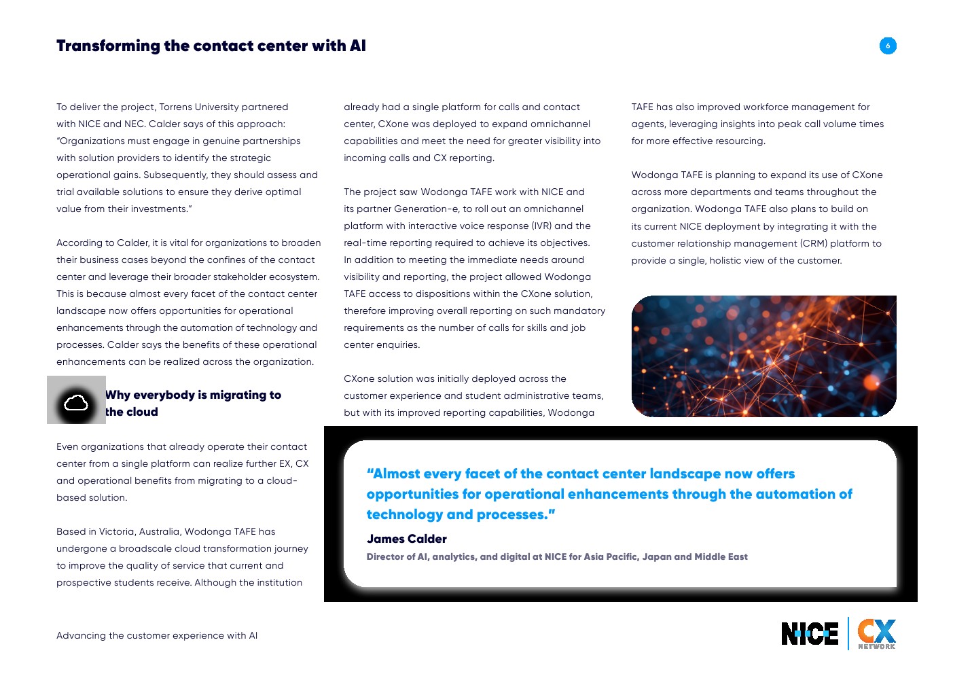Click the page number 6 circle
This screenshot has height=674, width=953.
coord(887,46)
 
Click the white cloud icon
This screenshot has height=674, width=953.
coord(76,404)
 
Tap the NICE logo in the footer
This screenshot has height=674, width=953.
coord(809,634)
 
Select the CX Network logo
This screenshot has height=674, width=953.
coord(876,634)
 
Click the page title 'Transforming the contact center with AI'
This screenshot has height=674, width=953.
coord(211,46)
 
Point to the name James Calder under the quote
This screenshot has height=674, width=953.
coord(406,539)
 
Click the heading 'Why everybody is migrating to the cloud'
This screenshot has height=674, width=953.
coord(193,403)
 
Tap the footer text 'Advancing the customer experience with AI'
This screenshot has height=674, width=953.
coord(157,635)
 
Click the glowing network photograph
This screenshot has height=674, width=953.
coord(763,356)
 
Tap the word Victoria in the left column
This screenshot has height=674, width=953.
coord(117,531)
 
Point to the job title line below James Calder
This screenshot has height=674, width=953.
coord(556,556)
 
